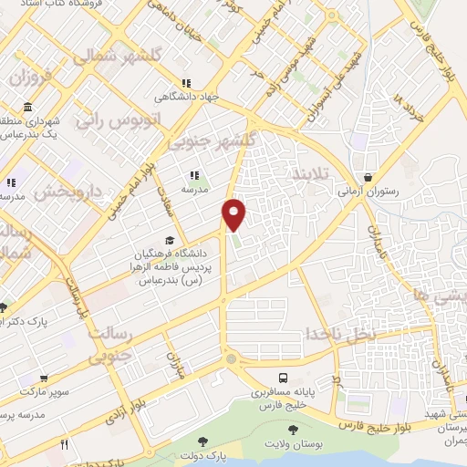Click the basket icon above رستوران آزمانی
click(368, 178)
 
